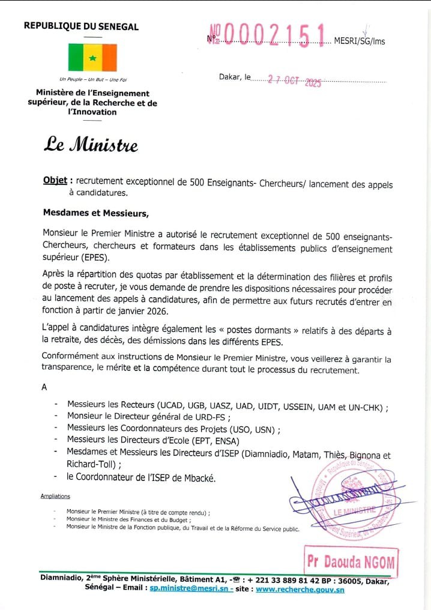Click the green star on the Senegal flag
92,58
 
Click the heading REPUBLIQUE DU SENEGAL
81,26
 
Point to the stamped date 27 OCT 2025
295,81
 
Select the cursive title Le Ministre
90,145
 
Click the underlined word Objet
55,181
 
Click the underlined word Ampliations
55,496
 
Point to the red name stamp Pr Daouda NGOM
351,561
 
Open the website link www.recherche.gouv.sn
300,590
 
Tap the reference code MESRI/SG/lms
360,41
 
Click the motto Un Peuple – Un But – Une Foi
93,79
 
